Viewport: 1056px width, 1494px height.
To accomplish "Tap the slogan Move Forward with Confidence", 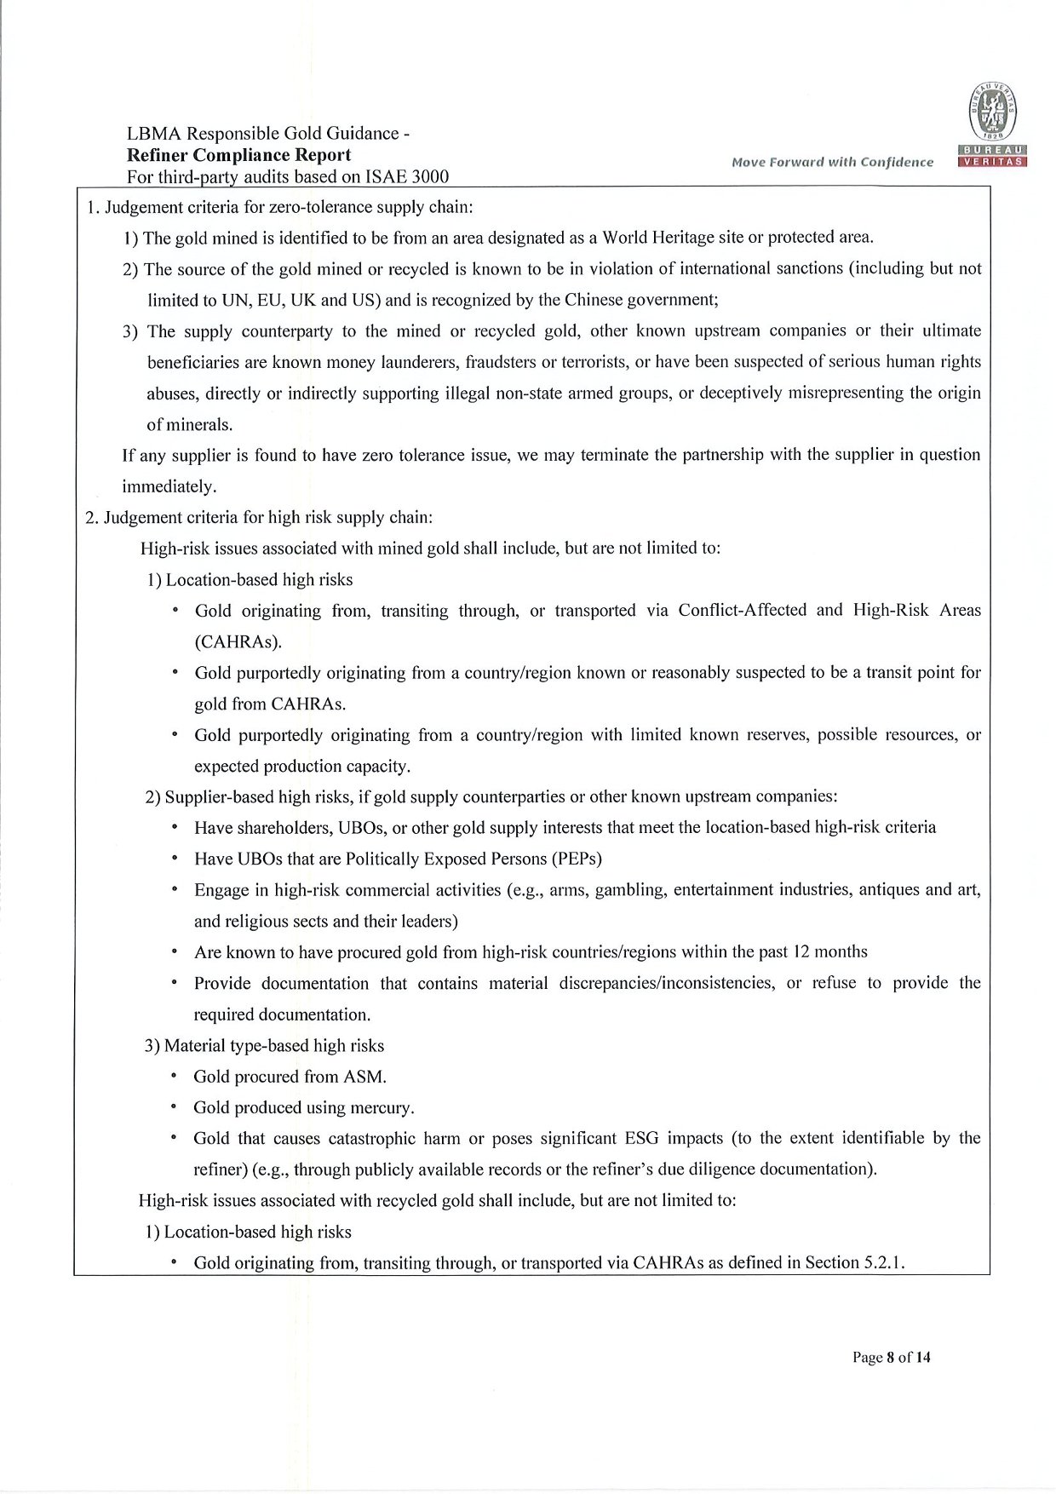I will pyautogui.click(x=832, y=162).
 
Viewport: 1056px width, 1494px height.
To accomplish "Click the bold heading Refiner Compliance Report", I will pyautogui.click(x=238, y=155).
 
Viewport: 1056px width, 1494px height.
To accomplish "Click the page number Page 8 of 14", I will pyautogui.click(x=892, y=1357).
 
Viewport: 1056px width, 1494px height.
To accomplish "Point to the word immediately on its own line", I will pyautogui.click(x=169, y=486).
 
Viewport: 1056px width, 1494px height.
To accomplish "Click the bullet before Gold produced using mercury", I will pyautogui.click(x=174, y=1107).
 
